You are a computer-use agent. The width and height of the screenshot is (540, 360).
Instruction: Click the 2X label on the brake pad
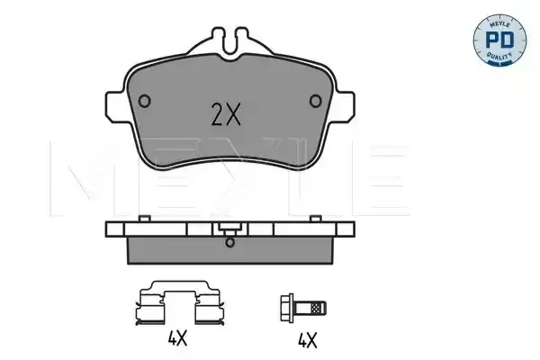[226, 115]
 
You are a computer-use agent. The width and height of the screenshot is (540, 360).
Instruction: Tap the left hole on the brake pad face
[144, 101]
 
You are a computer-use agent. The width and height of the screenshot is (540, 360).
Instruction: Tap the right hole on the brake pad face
[316, 101]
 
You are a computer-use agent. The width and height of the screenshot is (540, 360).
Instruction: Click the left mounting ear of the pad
[115, 106]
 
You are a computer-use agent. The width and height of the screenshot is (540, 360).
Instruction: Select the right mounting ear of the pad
[345, 106]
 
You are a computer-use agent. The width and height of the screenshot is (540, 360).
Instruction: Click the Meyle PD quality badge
[499, 40]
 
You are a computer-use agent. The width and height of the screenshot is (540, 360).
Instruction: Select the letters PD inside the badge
[499, 40]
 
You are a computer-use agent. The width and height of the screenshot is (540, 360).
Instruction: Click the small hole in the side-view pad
[229, 242]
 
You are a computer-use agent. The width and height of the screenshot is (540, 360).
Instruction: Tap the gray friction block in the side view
[230, 250]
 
